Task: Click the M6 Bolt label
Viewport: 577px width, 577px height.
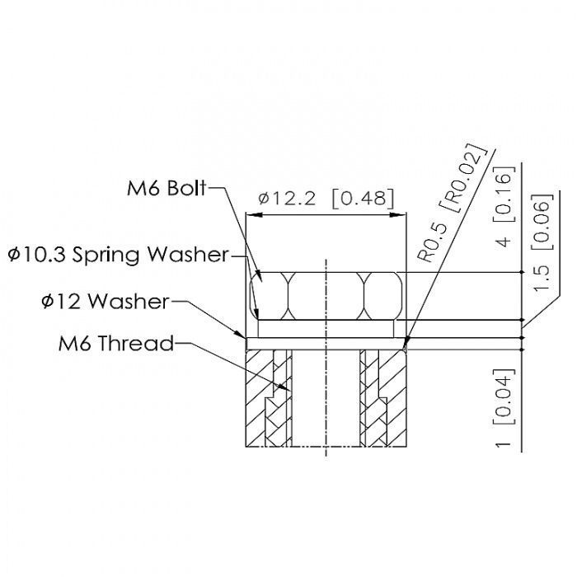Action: pyautogui.click(x=167, y=189)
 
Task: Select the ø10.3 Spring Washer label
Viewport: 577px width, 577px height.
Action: pyautogui.click(x=118, y=254)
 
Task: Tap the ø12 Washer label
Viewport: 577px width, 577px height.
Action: pyautogui.click(x=106, y=302)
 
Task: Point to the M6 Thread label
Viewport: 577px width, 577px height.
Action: pyautogui.click(x=116, y=344)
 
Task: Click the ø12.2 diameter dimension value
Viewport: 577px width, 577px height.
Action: pyautogui.click(x=287, y=199)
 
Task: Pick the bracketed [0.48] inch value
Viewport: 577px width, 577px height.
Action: pyautogui.click(x=363, y=199)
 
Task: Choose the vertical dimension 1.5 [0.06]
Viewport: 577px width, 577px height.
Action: pyautogui.click(x=542, y=242)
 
